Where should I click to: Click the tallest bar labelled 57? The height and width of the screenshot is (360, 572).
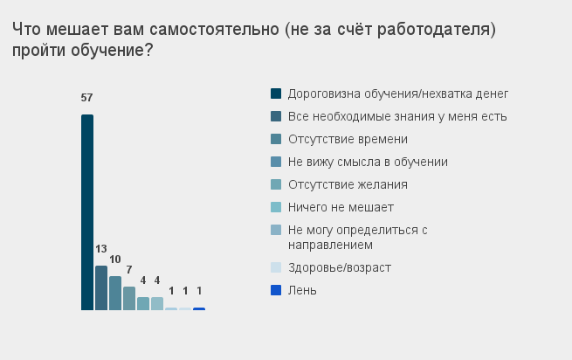coord(87,212)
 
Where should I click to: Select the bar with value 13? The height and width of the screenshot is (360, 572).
coord(101,288)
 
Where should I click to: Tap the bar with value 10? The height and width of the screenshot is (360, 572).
coord(115,294)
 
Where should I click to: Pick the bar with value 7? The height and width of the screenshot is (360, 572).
coord(129,298)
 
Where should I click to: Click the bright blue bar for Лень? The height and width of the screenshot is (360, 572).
coord(199,309)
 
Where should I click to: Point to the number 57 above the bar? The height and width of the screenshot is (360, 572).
coord(86,98)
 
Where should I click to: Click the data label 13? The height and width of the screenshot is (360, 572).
coord(101,249)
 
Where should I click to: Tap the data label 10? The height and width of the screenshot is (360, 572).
coord(115,260)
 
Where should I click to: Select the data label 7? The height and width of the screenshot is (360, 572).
coord(129,270)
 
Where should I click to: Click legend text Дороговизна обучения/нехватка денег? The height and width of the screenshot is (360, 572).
coord(398,93)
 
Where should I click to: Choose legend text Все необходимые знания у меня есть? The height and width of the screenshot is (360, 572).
coord(397,116)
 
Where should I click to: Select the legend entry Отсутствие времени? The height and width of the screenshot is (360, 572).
coord(348,139)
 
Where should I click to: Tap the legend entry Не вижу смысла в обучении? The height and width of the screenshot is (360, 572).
coord(368,162)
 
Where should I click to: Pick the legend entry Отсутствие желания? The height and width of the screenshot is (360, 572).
coord(348,184)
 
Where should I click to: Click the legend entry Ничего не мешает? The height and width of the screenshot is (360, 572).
coord(341,207)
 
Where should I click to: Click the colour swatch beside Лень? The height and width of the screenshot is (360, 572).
coord(276,290)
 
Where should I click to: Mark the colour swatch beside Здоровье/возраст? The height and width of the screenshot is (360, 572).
coord(276,267)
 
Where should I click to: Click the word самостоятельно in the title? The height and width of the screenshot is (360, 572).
coord(214,29)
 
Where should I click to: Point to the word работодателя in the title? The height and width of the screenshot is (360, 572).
coord(433,30)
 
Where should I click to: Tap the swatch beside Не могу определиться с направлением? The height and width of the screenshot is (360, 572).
coord(276,230)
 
